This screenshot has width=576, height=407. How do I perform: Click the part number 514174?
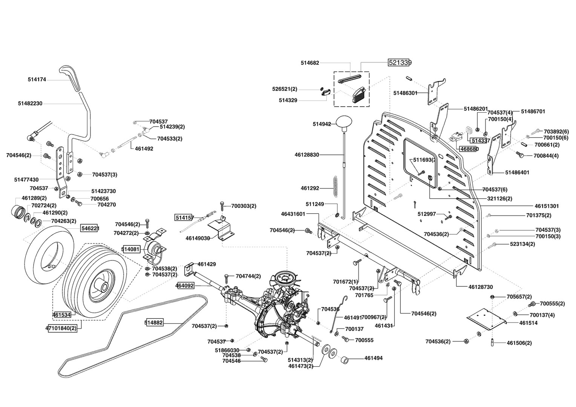click(37, 80)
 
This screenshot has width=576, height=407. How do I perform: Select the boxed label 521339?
click(400, 63)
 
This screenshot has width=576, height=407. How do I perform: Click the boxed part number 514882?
click(154, 322)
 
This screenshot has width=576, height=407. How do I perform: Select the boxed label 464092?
click(185, 286)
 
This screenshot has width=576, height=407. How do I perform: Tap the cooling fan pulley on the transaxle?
click(285, 279)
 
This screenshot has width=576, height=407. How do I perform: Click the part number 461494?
click(373, 358)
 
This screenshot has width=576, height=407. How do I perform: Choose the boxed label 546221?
click(90, 228)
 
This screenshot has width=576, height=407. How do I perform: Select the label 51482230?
click(30, 103)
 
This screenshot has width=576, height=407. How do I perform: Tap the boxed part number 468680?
click(469, 148)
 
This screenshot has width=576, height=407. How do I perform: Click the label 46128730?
click(481, 287)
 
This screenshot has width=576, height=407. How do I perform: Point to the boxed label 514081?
click(130, 249)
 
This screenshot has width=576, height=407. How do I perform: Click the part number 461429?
click(207, 264)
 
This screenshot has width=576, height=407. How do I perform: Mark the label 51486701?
click(533, 112)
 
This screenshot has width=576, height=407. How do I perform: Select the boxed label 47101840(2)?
click(61, 328)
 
